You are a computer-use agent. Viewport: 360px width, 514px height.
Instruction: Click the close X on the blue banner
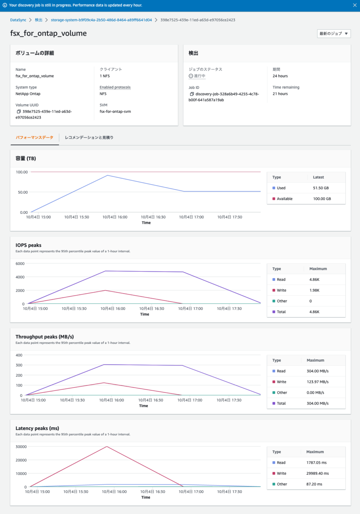355,5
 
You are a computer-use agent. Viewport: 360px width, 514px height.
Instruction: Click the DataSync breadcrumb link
18,20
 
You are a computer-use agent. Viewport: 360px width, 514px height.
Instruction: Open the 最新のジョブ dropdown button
334,33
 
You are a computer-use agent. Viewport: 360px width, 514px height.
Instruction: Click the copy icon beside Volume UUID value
19,112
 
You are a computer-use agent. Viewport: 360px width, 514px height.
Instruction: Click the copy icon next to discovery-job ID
192,94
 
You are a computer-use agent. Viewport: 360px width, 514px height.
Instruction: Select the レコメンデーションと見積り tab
89,138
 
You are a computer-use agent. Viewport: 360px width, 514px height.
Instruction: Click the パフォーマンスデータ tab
34,138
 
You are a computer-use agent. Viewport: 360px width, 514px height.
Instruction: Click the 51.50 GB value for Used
321,188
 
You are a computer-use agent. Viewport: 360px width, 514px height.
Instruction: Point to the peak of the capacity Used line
108,175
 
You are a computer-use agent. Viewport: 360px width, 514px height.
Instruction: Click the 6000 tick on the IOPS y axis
20,264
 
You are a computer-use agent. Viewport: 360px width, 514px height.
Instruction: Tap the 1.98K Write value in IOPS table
314,290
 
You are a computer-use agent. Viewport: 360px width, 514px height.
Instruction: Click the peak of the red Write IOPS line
106,291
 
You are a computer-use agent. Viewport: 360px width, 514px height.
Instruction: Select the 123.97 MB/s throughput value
317,382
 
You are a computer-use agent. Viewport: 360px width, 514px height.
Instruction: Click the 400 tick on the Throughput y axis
19,355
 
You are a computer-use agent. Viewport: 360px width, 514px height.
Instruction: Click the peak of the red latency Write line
107,447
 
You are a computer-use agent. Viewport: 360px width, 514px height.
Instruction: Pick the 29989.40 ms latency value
317,473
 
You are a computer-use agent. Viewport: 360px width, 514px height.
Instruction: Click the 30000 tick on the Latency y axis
21,447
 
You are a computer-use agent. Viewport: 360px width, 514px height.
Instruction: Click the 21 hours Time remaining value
280,94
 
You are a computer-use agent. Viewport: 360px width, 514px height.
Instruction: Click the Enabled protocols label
115,87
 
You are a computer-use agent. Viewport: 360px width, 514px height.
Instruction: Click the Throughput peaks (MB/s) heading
45,337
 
